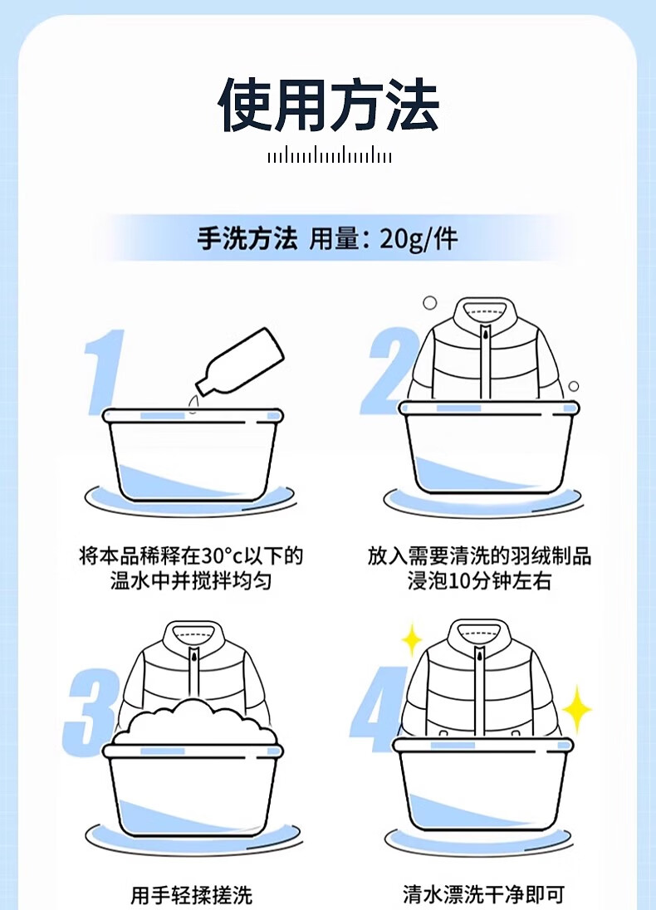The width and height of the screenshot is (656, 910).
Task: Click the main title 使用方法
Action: click(x=329, y=105)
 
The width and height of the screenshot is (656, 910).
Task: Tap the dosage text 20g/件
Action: click(x=419, y=239)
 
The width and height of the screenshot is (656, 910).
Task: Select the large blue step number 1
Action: click(x=105, y=372)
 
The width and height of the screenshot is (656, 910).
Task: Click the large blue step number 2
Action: click(x=388, y=371)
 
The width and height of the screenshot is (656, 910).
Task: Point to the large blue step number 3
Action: click(x=90, y=712)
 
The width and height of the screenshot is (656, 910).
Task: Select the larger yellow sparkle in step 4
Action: click(x=576, y=709)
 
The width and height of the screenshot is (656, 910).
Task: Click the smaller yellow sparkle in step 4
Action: click(x=412, y=641)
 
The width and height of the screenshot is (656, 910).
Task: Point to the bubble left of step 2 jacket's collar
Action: click(x=429, y=302)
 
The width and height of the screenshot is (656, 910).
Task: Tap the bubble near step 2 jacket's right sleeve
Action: click(x=574, y=386)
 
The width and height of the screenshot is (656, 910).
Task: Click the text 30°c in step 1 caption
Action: click(x=222, y=556)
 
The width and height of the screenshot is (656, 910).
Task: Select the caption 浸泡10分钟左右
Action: click(x=479, y=581)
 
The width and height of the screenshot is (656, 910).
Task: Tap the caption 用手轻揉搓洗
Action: click(x=192, y=894)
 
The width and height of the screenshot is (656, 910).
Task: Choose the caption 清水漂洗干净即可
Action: click(x=483, y=894)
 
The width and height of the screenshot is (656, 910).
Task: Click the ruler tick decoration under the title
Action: click(x=329, y=156)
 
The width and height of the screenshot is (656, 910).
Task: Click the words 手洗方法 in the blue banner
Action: click(x=247, y=239)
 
